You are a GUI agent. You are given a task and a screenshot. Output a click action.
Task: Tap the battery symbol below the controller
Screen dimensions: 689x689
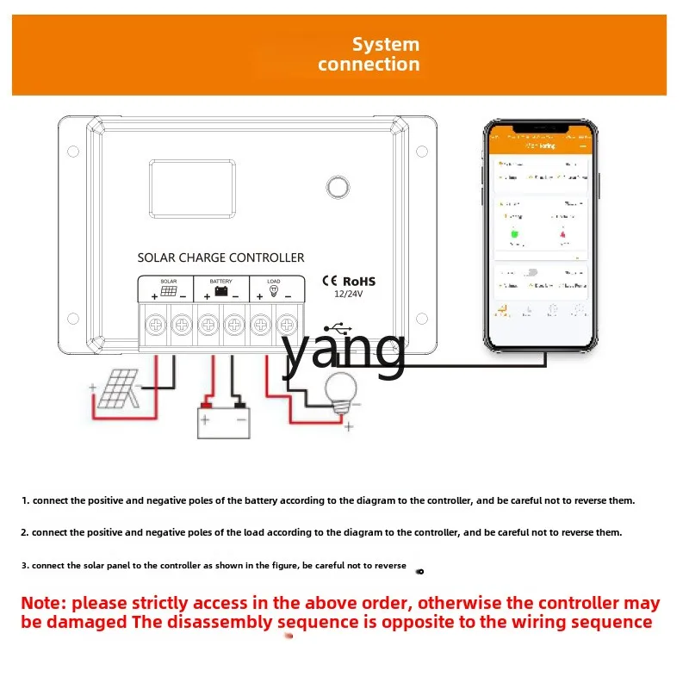[x=223, y=421]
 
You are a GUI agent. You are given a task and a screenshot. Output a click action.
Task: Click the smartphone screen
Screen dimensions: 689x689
[x=540, y=234]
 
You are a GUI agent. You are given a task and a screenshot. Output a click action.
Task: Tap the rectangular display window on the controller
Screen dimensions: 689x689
[x=194, y=189]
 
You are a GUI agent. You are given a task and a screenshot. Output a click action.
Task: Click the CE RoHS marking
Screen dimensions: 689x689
[x=348, y=281]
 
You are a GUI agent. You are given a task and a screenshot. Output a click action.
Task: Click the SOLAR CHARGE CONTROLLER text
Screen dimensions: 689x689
[x=220, y=258]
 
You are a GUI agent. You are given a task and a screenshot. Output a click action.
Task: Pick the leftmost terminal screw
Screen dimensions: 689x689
[x=156, y=326]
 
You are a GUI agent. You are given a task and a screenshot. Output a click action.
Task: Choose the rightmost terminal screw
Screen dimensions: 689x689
[x=286, y=326]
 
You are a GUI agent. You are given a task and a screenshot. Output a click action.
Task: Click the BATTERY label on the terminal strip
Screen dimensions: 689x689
[x=220, y=281]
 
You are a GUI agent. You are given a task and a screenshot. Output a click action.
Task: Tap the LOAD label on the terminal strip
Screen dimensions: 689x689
[x=274, y=281]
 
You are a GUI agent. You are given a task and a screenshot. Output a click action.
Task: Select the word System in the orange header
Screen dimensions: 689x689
[x=385, y=45]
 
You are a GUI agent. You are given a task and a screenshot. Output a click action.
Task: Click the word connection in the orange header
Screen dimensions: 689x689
[x=369, y=65]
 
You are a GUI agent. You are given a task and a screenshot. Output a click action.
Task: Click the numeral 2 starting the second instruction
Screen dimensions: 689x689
[x=25, y=532]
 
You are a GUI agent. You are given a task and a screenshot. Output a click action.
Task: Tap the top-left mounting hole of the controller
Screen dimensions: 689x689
[x=73, y=152]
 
